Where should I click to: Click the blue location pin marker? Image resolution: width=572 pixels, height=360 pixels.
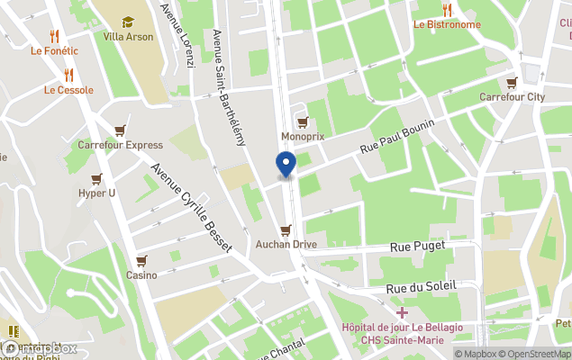(x=285, y=165)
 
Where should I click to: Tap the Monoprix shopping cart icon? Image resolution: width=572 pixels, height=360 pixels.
(x=303, y=122)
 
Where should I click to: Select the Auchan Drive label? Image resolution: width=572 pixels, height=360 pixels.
(x=286, y=244)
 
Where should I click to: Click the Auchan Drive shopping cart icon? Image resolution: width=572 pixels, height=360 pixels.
(x=286, y=230)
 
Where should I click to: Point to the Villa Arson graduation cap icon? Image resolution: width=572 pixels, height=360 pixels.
(x=128, y=22)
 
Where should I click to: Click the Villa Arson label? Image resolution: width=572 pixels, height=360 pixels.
(x=128, y=37)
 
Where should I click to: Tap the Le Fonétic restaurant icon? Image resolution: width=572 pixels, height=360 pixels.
(x=55, y=36)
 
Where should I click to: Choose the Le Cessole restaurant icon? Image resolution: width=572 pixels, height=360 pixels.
(x=68, y=75)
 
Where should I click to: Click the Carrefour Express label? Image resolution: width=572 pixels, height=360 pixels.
(x=120, y=145)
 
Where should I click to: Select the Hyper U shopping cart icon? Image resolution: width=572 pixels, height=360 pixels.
(x=96, y=179)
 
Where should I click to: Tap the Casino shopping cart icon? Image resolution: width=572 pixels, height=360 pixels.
(x=141, y=261)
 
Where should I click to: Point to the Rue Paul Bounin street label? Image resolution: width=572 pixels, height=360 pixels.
(x=397, y=137)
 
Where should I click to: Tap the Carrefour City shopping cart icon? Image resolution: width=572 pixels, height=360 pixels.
(x=512, y=82)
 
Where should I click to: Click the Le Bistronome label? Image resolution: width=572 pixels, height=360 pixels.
(x=447, y=24)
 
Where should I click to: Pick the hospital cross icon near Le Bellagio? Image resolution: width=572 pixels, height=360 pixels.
(x=402, y=311)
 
